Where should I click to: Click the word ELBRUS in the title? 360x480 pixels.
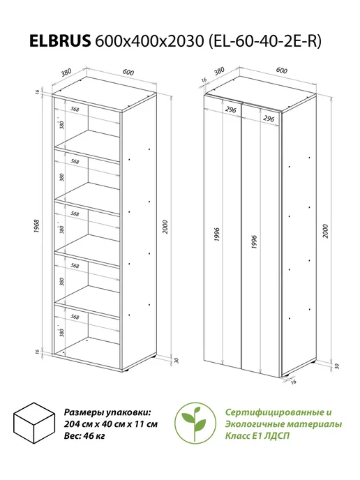pos(60,40)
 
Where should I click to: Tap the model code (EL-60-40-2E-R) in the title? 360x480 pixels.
pos(265,41)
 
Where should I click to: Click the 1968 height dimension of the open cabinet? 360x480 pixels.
pos(37,227)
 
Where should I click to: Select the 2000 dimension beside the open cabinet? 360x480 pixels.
pos(165,227)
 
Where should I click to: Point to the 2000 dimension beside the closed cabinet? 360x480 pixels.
pos(325,231)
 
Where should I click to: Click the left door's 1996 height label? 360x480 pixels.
pos(217,234)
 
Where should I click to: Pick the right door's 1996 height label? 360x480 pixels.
pos(254,242)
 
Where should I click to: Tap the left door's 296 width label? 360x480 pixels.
pos(230,110)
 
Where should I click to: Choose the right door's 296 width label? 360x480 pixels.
pos(269,118)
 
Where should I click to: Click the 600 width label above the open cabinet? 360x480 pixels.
pos(128,72)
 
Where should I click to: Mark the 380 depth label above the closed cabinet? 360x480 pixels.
pos(219,71)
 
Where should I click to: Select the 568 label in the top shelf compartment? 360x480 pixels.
pos(75,109)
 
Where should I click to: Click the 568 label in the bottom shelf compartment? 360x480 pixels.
pos(75,317)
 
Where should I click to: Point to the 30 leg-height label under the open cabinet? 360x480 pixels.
pos(176,360)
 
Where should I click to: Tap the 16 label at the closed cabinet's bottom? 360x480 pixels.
pos(293,382)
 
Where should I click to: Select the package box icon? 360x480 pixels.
pos(34,423)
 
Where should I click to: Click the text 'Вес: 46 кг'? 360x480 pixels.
pos(84,436)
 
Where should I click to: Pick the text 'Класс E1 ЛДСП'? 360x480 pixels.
pos(257,436)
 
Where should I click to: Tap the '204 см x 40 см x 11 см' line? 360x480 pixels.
pos(111,424)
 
